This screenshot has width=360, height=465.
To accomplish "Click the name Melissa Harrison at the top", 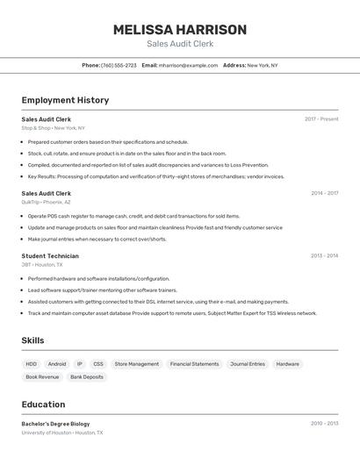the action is pyautogui.click(x=180, y=30).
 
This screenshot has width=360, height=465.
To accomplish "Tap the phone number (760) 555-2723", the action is pyautogui.click(x=119, y=66).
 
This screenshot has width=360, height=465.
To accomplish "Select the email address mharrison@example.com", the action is pyautogui.click(x=188, y=66).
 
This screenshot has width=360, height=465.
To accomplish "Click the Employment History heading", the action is pyautogui.click(x=65, y=100).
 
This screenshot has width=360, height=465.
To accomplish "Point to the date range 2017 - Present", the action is pyautogui.click(x=321, y=119).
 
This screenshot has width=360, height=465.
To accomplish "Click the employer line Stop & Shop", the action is pyautogui.click(x=53, y=128).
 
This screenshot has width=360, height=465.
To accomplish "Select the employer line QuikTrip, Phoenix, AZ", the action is pyautogui.click(x=46, y=202).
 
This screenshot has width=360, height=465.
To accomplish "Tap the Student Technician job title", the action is pyautogui.click(x=50, y=256).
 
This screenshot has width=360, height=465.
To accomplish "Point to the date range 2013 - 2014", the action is pyautogui.click(x=324, y=256).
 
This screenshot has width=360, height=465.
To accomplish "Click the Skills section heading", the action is pyautogui.click(x=32, y=340).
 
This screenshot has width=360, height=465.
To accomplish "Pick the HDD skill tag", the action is pyautogui.click(x=32, y=364).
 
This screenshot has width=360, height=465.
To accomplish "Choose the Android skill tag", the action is pyautogui.click(x=57, y=364).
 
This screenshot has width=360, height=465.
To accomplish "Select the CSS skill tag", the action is pyautogui.click(x=98, y=364).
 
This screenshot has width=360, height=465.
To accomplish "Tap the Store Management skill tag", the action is pyautogui.click(x=137, y=364).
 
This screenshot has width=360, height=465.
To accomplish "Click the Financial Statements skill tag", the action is pyautogui.click(x=194, y=364).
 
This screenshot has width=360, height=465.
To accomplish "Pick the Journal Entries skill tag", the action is pyautogui.click(x=248, y=364).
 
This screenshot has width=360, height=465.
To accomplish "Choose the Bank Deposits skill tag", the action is pyautogui.click(x=87, y=377).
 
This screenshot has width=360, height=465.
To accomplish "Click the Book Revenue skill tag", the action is pyautogui.click(x=42, y=377).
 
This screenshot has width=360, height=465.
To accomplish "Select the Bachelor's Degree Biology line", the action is pyautogui.click(x=55, y=424).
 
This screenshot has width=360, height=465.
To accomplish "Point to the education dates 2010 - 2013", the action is pyautogui.click(x=324, y=424).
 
